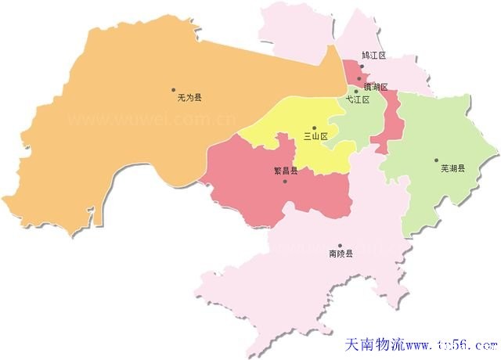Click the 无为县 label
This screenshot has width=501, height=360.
point(190,98)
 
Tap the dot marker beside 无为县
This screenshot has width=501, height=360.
point(173,89)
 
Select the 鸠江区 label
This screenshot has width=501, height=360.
point(373,56)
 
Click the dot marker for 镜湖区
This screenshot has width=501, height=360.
point(359,78)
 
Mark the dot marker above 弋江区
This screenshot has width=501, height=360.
point(356,92)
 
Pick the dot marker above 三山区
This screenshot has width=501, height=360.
point(314,128)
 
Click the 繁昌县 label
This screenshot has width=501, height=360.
point(285,171)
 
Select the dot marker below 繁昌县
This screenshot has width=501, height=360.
point(285,181)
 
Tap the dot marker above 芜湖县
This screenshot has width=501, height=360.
point(437,160)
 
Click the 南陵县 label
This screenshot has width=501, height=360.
point(341,254)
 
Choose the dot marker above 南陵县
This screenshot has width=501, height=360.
point(340,245)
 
